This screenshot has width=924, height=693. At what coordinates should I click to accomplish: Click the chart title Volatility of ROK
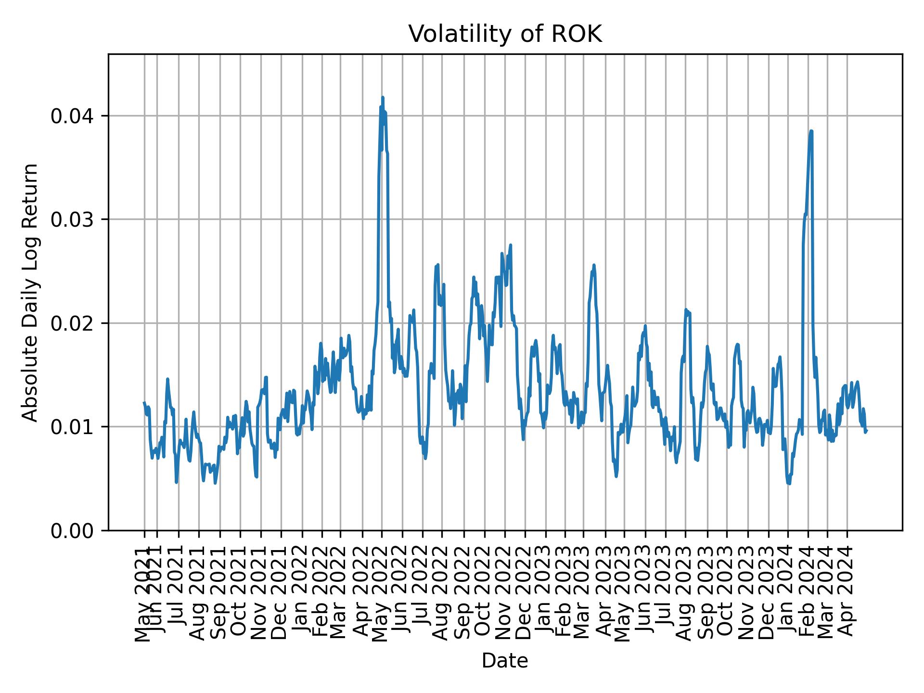[x=505, y=34]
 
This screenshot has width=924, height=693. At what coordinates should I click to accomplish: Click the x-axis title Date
[x=505, y=661]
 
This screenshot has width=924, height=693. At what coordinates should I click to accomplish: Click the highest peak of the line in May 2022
[x=383, y=98]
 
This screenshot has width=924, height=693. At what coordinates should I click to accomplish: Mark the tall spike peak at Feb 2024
[x=811, y=131]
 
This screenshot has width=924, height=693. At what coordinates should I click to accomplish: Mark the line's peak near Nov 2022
[x=511, y=245]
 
